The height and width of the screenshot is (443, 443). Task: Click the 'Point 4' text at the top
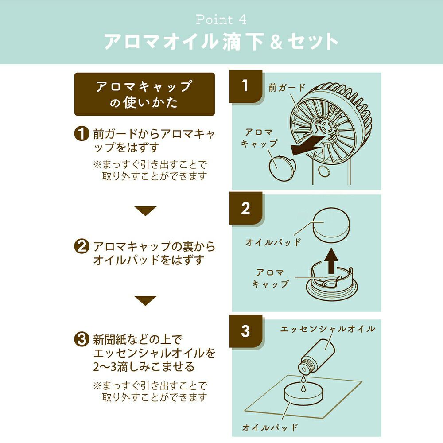point(221,19)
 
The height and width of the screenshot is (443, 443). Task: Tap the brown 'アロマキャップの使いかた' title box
point(144,94)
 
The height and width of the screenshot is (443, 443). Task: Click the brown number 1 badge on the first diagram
point(246,86)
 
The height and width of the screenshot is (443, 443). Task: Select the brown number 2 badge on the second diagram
point(246,209)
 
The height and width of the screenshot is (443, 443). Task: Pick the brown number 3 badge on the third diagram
point(246,331)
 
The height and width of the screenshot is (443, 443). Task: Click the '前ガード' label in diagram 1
point(287,88)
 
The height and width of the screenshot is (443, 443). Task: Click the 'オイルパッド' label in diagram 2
point(273,242)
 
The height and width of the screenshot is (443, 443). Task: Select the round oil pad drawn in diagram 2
point(331,225)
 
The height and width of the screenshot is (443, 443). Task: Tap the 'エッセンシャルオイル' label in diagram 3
point(327,329)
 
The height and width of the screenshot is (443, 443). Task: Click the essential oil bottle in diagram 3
point(316,357)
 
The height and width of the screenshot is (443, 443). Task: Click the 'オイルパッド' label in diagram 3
point(270,427)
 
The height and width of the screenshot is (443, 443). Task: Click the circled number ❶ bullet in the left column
point(82,133)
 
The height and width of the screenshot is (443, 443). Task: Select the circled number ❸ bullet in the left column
point(82,339)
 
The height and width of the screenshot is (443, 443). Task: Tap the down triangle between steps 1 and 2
point(145,211)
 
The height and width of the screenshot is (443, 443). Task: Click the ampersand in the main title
point(276,42)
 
